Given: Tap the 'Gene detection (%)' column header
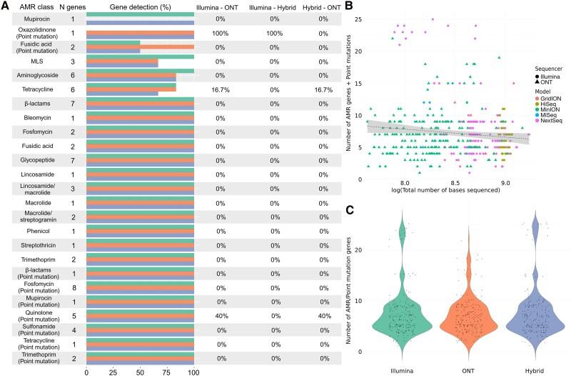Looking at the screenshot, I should click(140, 7).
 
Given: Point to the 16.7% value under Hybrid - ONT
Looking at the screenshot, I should click(323, 91).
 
